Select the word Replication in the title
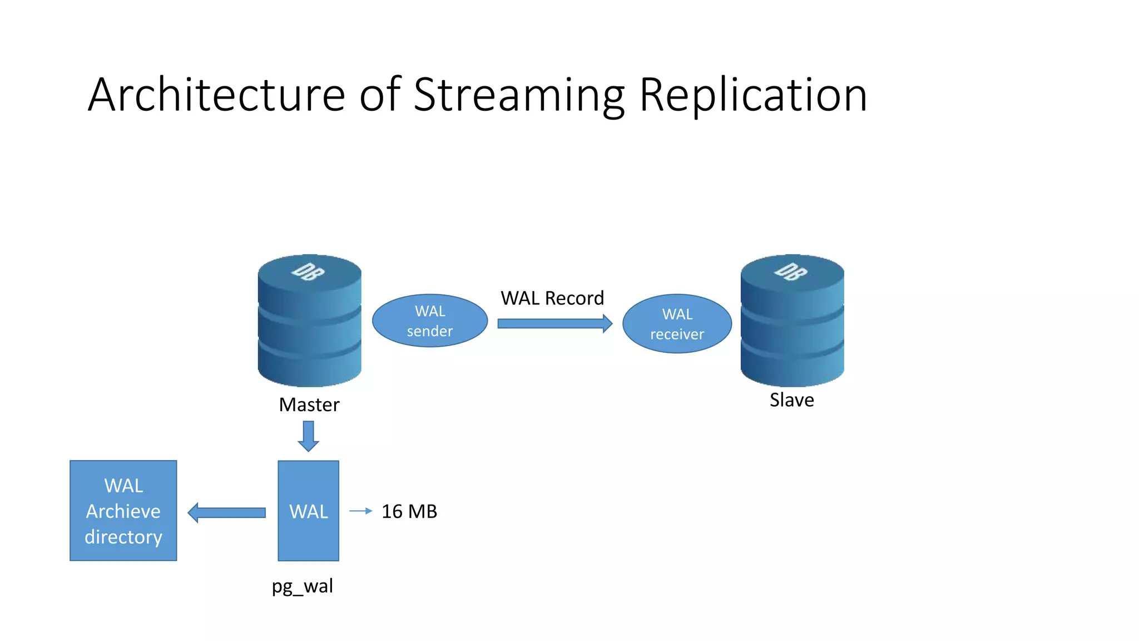(753, 96)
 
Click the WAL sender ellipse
(430, 321)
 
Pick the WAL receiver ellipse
(677, 324)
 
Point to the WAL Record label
(552, 298)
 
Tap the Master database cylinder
(310, 328)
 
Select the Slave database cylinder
(792, 328)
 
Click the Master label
(309, 405)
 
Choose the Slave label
(791, 400)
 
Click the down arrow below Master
(309, 436)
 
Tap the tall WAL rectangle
(309, 511)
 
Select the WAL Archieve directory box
(123, 511)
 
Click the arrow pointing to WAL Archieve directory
(227, 512)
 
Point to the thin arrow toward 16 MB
(360, 511)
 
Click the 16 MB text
(409, 511)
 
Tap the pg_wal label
(302, 586)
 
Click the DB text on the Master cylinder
(308, 272)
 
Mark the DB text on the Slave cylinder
(791, 272)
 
